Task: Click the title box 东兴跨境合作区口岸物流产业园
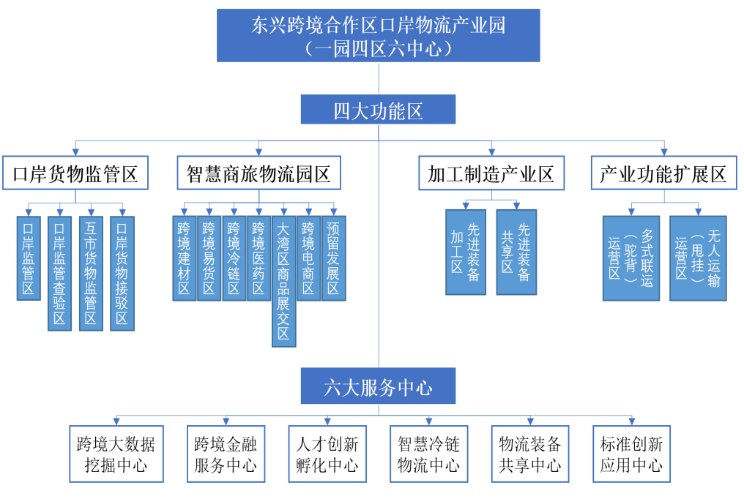378,35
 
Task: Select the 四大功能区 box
378,110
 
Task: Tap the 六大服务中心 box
378,386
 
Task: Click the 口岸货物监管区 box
75,173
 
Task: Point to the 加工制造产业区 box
491,173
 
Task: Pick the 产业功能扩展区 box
663,173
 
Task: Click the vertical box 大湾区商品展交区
283,280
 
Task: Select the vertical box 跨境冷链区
234,258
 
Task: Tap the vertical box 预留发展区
333,258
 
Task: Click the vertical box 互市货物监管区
91,273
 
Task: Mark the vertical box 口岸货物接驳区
122,273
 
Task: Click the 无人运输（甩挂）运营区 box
698,258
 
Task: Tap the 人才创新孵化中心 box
327,454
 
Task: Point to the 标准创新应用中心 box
631,454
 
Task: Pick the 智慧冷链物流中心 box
428,454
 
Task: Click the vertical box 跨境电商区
308,258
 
